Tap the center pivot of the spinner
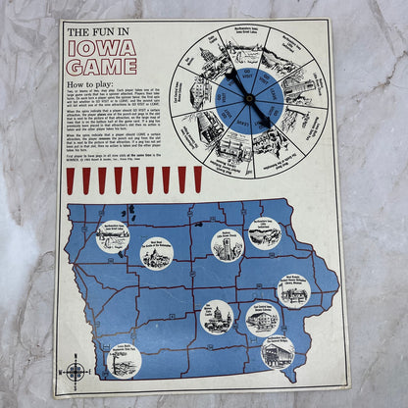(250, 99)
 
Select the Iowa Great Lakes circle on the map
(113, 236)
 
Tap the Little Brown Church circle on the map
(228, 244)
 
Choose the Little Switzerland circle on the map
(265, 232)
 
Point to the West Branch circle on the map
(292, 288)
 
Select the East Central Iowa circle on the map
(263, 318)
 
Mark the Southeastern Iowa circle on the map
(279, 351)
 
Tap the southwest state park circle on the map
(125, 360)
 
